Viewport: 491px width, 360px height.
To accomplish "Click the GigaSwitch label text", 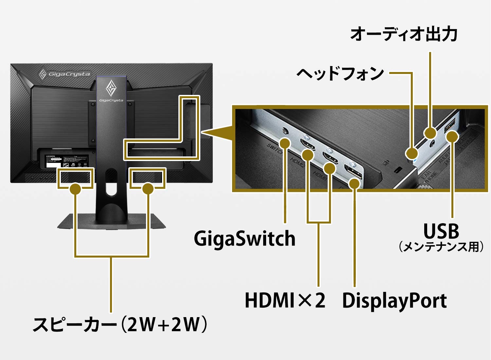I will tap(245, 239).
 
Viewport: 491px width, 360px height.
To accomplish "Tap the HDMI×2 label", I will tap(285, 300).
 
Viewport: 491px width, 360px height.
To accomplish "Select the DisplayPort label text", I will tap(394, 300).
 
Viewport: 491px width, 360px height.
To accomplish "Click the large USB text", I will tap(441, 231).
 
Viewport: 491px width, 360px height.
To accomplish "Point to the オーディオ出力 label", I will tap(404, 34).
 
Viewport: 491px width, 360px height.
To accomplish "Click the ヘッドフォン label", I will tap(340, 73).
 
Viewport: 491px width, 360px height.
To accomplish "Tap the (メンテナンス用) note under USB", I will tap(441, 247).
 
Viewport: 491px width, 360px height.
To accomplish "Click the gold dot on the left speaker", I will tap(76, 189).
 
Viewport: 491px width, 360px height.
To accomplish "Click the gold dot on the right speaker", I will tap(148, 189).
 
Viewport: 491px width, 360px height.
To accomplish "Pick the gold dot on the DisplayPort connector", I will tap(354, 183).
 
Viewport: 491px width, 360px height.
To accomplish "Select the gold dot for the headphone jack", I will tap(411, 153).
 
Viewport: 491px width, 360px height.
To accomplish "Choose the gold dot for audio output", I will tap(430, 133).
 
